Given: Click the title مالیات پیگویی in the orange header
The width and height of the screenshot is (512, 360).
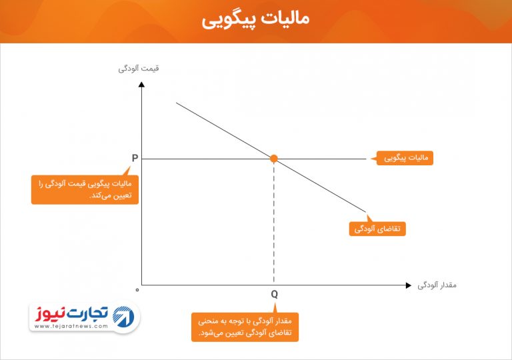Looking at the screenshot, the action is click(x=255, y=19).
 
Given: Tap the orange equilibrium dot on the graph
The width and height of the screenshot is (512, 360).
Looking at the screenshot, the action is click(x=273, y=159).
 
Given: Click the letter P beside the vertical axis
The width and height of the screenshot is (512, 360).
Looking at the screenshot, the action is click(x=135, y=158).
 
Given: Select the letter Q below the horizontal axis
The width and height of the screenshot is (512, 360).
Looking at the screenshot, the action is click(x=274, y=295).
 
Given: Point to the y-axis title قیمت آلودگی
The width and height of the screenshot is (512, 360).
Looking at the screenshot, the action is click(x=139, y=69).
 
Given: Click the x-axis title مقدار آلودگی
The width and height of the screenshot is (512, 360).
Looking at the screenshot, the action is click(x=437, y=285).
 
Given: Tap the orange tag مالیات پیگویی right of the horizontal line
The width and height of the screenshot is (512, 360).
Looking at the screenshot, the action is click(x=405, y=158).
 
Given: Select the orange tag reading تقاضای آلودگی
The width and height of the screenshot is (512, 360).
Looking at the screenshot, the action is click(x=377, y=229).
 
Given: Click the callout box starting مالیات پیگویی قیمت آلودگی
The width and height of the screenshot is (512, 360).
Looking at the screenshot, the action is click(x=85, y=190).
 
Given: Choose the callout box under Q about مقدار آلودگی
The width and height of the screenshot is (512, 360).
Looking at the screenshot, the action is click(x=245, y=327).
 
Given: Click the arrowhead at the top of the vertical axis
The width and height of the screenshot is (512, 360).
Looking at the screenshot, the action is click(x=141, y=84).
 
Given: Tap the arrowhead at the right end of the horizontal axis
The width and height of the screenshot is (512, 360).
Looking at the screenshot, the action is click(x=409, y=285).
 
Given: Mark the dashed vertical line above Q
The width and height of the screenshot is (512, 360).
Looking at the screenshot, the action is click(x=274, y=222).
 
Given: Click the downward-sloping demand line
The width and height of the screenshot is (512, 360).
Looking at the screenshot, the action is click(x=271, y=157).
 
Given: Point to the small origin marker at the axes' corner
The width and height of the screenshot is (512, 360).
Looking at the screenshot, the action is click(x=137, y=290).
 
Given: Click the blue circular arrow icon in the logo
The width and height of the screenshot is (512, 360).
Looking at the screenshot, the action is click(x=123, y=317).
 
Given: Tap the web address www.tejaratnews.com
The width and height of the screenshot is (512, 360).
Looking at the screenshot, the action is click(x=71, y=326).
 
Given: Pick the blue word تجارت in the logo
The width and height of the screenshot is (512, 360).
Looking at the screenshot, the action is click(x=87, y=313).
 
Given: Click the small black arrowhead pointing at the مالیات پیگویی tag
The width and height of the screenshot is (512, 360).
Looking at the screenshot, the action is click(x=373, y=159).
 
